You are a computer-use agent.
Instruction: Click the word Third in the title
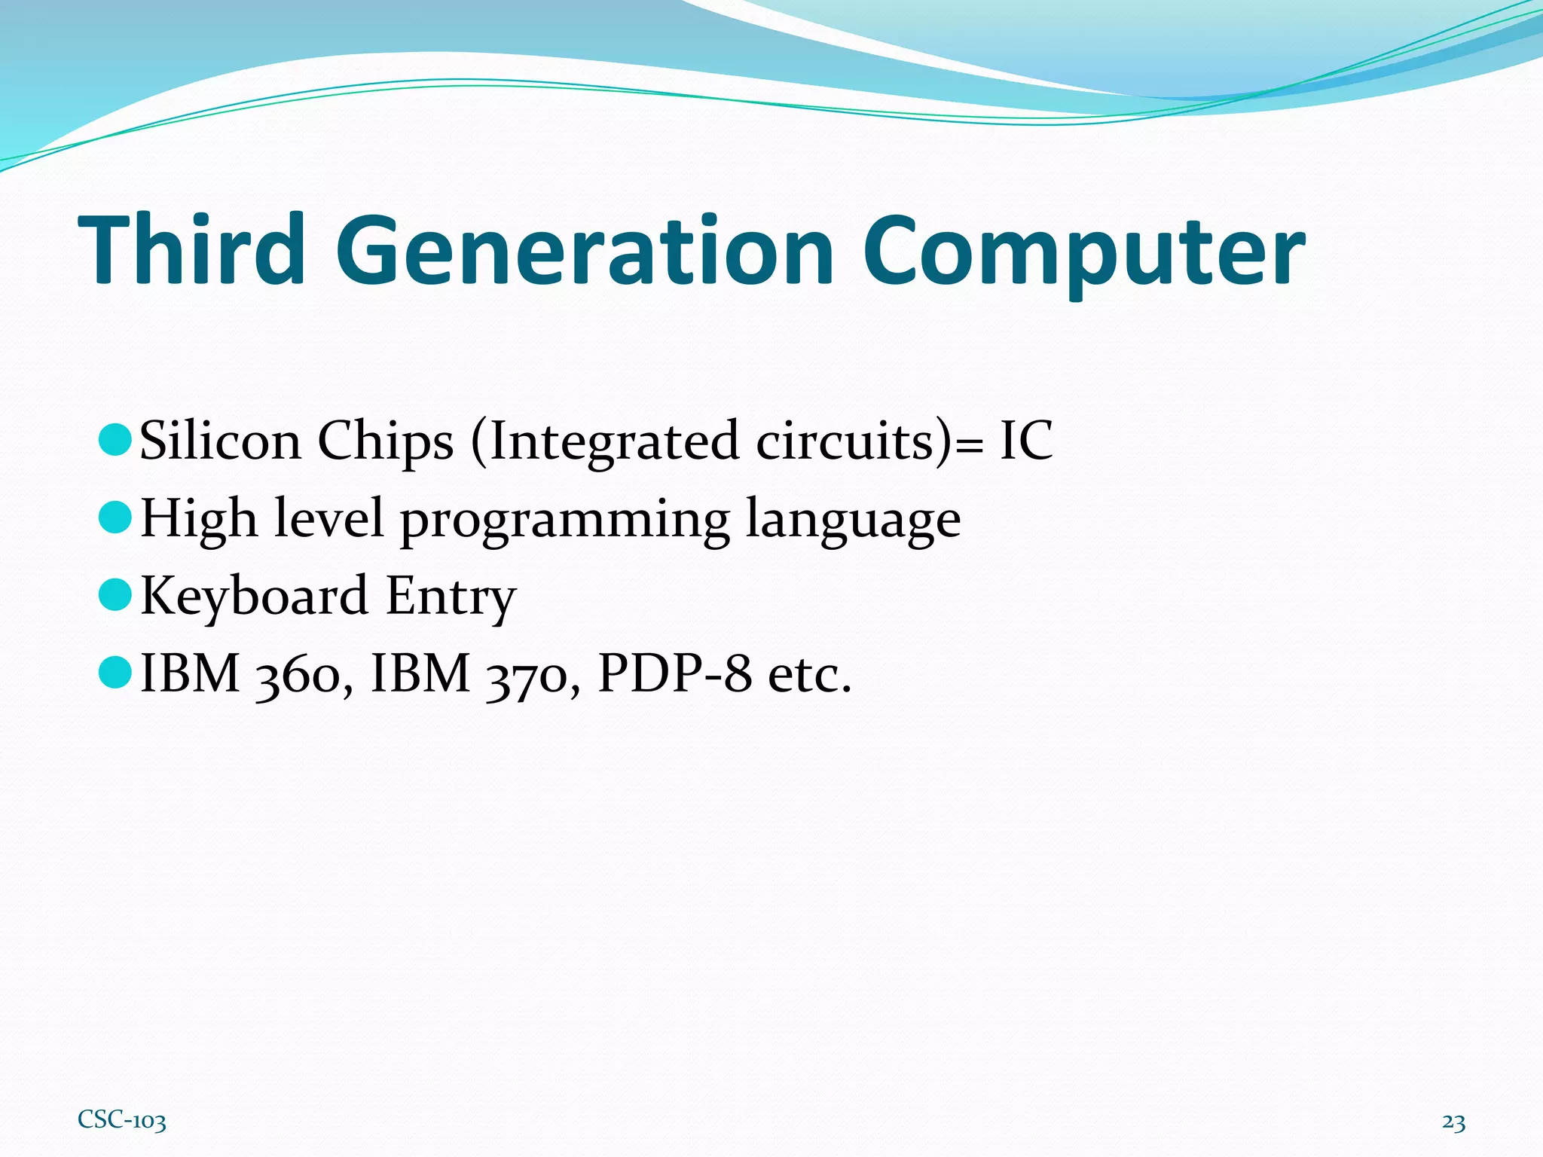pos(191,250)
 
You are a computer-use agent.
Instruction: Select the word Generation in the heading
pos(584,250)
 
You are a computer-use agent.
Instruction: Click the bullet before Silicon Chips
pos(115,439)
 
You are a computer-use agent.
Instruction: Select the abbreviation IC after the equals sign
pos(1025,440)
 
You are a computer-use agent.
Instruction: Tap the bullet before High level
pos(115,517)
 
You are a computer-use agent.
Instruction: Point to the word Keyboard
pos(254,596)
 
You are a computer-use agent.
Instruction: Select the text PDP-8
pos(674,673)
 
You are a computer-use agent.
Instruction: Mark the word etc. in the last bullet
pos(809,675)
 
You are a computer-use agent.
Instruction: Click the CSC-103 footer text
pos(122,1120)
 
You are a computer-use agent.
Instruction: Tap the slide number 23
pos(1453,1122)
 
